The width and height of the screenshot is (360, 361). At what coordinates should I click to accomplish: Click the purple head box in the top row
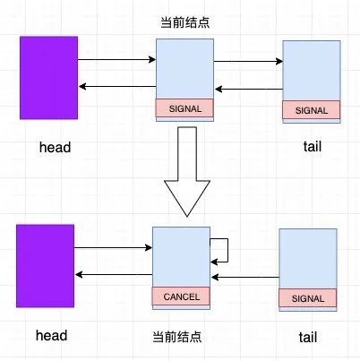point(48,78)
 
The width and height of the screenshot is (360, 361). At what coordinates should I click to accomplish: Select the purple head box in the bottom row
point(45,266)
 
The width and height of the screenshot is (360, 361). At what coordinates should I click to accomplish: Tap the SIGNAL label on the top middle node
point(185,108)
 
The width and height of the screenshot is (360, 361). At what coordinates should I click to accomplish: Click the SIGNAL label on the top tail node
point(312,110)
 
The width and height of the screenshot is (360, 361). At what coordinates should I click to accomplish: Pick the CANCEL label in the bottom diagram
point(182,297)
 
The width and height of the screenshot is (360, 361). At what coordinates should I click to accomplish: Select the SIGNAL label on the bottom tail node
point(308,298)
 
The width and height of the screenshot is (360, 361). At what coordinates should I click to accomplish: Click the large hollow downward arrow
point(187,171)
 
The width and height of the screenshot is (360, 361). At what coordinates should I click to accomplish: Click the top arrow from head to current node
point(116,60)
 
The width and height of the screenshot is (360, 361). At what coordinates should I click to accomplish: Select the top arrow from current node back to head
point(117,87)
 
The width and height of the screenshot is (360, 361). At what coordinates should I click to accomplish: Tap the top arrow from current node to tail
point(248,62)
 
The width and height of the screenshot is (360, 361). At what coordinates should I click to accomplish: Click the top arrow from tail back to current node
point(249,89)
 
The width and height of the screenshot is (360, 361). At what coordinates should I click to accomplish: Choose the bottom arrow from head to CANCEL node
point(113,247)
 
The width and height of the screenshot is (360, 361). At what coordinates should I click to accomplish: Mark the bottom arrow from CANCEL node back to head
point(114,274)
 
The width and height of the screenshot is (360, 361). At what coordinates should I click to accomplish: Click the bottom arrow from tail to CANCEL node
point(245,277)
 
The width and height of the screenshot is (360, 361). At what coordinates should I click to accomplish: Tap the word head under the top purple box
point(56,148)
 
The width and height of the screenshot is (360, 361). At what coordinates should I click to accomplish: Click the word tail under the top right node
point(313,147)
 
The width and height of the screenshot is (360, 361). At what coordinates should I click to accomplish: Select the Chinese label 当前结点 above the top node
point(185,22)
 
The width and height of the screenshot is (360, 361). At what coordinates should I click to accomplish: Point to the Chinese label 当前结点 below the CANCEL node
point(177,337)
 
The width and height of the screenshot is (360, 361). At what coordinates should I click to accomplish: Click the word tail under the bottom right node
point(308,337)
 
